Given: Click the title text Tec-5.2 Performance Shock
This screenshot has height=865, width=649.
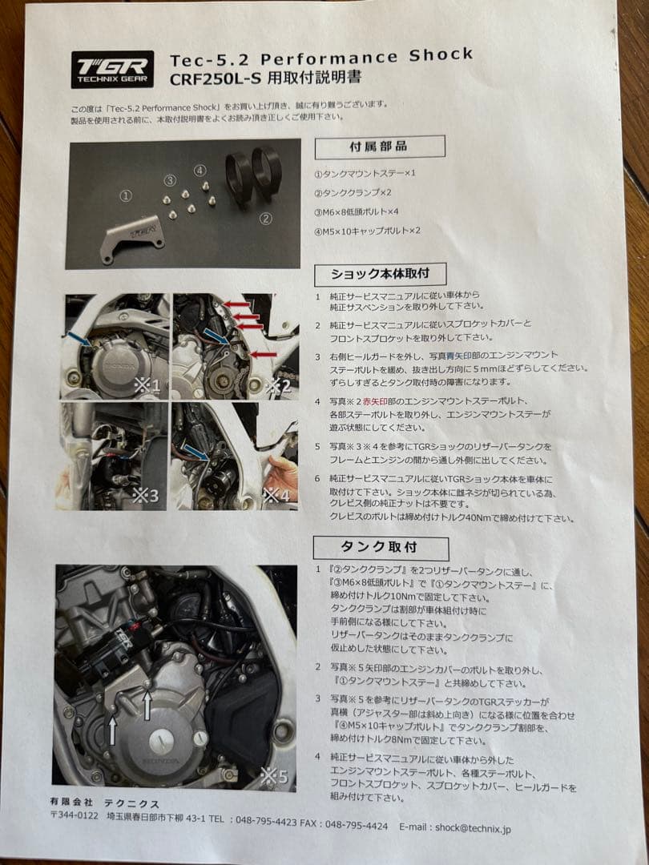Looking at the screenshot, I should (x=321, y=58).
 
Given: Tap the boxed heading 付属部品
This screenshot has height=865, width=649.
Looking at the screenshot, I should (x=378, y=147).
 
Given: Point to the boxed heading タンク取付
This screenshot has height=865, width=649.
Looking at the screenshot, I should (x=381, y=548).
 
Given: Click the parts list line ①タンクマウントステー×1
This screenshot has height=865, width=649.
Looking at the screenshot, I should (x=365, y=173).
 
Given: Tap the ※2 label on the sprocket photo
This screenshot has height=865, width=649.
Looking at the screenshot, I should (x=277, y=386).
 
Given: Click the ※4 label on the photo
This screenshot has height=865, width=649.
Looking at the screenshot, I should (x=278, y=496).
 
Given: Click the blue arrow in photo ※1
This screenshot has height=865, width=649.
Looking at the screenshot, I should (x=79, y=339).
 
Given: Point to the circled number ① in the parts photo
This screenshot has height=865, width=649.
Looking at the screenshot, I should (x=125, y=195).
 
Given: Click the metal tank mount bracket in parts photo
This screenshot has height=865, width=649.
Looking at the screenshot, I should (x=132, y=239).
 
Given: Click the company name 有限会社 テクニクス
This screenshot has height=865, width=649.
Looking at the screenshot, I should (x=104, y=803).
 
